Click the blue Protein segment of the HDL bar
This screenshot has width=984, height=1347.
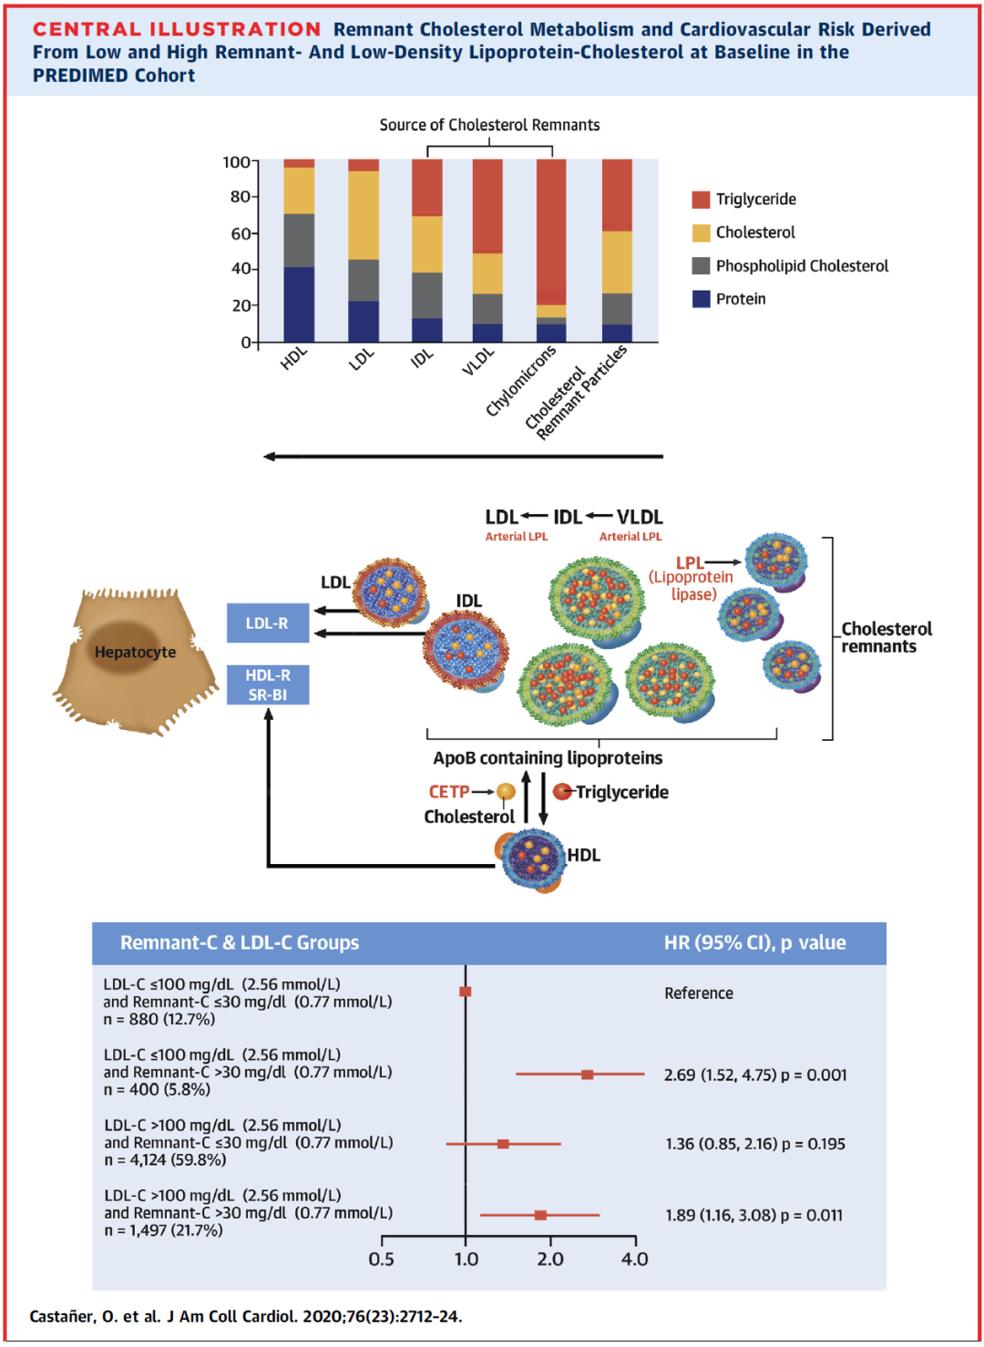(x=299, y=304)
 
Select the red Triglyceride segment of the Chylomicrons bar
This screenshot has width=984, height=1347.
(x=551, y=228)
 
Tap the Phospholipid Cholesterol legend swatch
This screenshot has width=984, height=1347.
(x=701, y=265)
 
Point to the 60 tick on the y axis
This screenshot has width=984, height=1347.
(x=241, y=233)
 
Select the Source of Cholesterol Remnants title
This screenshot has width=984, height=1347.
(x=489, y=125)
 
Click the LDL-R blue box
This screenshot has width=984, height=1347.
(x=267, y=623)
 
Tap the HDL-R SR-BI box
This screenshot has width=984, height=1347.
(x=267, y=684)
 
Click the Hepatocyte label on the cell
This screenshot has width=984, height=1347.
(x=135, y=652)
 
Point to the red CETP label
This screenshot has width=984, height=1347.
(x=449, y=792)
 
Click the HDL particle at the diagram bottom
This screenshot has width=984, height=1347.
(x=533, y=858)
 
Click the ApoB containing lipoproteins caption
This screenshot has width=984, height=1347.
(x=548, y=757)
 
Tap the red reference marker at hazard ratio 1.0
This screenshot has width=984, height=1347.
(x=466, y=992)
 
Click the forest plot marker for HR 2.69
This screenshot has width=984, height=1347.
(x=588, y=1075)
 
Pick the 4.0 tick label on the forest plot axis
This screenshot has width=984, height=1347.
(x=634, y=1260)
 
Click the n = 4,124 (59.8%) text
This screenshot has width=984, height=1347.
(x=166, y=1160)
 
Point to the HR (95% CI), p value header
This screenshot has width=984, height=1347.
(x=754, y=942)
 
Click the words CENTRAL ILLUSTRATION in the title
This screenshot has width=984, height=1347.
(x=177, y=29)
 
